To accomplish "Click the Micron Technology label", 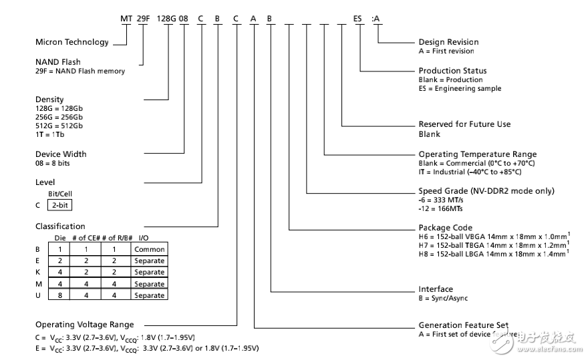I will point(71,42).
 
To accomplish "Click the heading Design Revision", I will point(448,42).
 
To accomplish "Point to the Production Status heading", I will point(452,70).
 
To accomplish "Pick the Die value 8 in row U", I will point(59,295).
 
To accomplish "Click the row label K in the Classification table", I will point(38,272).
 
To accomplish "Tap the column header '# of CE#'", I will point(86,238).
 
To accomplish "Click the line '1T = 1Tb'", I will point(50,134).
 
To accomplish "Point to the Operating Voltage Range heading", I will point(84,325).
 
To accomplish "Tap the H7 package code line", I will point(492,246).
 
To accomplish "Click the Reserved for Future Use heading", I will point(464,124).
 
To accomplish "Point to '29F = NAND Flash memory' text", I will point(80,71).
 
